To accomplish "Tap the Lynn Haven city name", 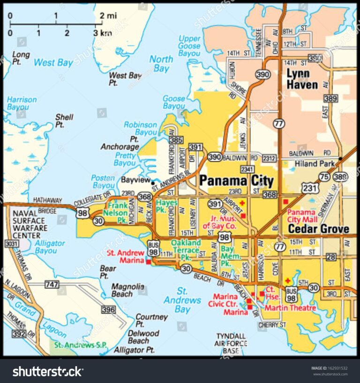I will pyautogui.click(x=302, y=79).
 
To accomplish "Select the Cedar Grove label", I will pyautogui.click(x=318, y=229).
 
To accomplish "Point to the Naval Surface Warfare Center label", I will pyautogui.click(x=30, y=221).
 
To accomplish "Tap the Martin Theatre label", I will pyautogui.click(x=290, y=308).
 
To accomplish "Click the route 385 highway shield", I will pyautogui.click(x=176, y=140).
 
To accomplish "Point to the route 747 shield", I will pyautogui.click(x=52, y=284).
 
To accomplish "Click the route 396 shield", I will pyautogui.click(x=108, y=309).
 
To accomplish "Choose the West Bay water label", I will pyautogui.click(x=53, y=62).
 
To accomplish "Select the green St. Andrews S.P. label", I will pyautogui.click(x=80, y=345).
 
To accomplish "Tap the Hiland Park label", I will pyautogui.click(x=315, y=164).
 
